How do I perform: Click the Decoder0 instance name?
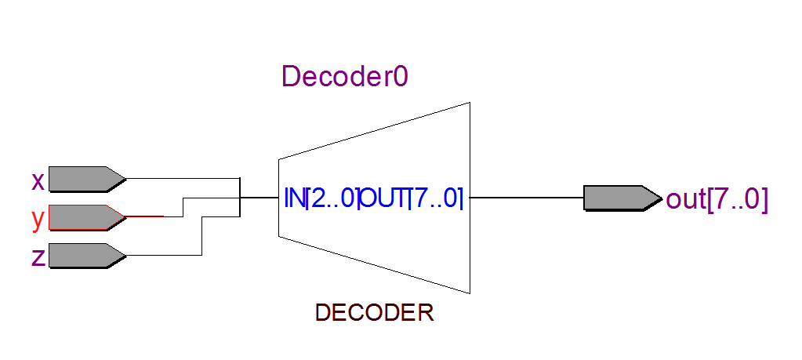[x=345, y=77]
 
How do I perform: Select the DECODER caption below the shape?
[x=374, y=313]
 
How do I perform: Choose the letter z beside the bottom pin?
[x=38, y=256]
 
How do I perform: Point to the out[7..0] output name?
[x=717, y=199]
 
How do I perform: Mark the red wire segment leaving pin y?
[x=145, y=216]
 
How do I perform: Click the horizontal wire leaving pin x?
[x=180, y=179]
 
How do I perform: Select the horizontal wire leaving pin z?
[x=161, y=255]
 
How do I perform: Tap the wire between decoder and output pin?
[x=525, y=198]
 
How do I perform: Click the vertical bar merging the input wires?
[x=239, y=196]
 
